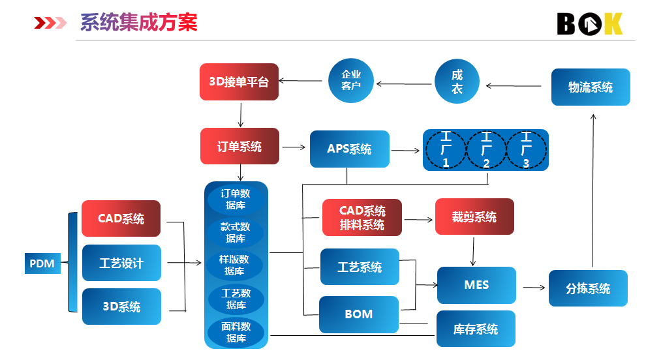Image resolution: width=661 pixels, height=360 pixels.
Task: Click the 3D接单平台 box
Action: tap(239, 82)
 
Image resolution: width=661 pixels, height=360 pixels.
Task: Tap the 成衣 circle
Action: tap(457, 82)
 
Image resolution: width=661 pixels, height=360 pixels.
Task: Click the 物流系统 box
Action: tap(590, 87)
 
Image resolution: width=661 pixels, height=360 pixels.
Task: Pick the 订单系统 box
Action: tap(239, 146)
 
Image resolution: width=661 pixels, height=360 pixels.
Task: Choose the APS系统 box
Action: tap(349, 149)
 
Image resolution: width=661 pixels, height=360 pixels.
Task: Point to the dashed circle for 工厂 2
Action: tap(486, 150)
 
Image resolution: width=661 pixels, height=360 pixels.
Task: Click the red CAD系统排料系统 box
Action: tap(362, 218)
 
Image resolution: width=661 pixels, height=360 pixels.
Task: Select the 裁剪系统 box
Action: tap(474, 217)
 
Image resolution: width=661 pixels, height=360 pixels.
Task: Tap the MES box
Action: tap(476, 285)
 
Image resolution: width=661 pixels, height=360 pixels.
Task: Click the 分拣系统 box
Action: tap(588, 288)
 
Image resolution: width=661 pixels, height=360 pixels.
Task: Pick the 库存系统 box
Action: tap(476, 329)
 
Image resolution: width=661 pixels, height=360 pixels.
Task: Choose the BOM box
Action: tap(358, 314)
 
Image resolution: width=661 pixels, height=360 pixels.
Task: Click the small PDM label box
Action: tap(42, 264)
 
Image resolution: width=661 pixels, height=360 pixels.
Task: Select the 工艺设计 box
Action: tap(121, 263)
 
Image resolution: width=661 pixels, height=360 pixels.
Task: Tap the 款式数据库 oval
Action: tap(236, 232)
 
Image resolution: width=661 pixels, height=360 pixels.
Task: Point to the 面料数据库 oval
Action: tap(236, 332)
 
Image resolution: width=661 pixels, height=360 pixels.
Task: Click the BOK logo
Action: tap(589, 24)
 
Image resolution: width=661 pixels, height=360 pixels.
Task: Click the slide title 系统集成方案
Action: tap(138, 23)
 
